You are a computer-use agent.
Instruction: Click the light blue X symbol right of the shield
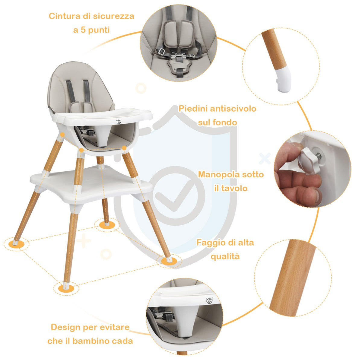(x=265, y=159)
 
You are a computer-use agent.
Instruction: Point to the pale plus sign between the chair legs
(x=84, y=241)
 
